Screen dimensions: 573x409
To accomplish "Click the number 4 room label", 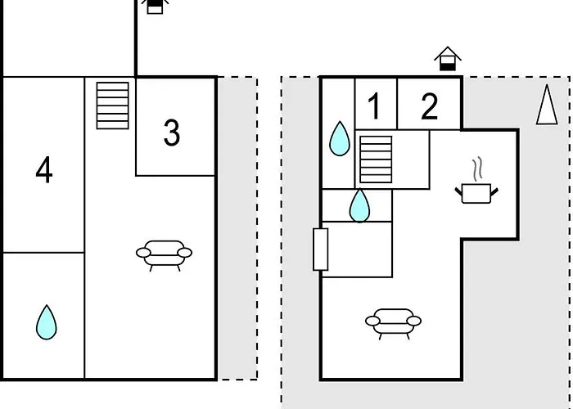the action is point(44,170).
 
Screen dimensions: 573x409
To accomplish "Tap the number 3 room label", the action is point(172,133).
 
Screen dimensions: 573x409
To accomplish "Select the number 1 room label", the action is point(374,106).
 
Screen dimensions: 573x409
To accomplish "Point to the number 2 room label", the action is point(430,106).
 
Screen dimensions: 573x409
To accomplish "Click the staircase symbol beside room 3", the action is point(113,106).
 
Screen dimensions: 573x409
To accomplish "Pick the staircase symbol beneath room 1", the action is point(376,160).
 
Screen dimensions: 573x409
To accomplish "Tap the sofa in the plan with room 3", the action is point(164,255).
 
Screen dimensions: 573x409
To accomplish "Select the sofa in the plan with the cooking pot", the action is point(393,324).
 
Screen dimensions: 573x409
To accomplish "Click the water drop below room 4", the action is point(47,322).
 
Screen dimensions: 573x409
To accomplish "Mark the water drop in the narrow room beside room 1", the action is point(340,138).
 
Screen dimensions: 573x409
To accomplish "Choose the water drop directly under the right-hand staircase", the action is point(359,205).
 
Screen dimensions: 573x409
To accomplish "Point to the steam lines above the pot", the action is point(477,169).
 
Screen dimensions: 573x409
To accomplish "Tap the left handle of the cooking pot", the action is point(458,191).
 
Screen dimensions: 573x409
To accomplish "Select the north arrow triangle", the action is point(547,105).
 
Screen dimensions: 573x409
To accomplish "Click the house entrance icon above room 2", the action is point(448,58).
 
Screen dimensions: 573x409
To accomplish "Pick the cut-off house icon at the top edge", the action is point(155,7).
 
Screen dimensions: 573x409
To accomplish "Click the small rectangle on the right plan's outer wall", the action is point(321,249).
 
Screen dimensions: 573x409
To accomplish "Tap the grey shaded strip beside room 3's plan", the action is point(237,228).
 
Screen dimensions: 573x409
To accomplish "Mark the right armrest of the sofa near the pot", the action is point(414,321).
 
